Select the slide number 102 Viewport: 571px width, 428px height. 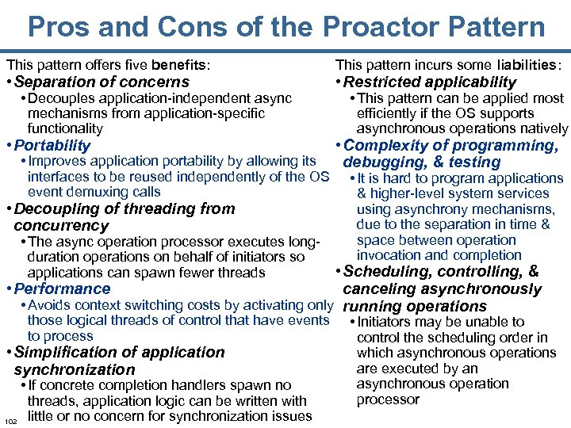[10, 421]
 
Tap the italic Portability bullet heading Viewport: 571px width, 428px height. [52, 145]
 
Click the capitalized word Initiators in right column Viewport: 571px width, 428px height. [388, 322]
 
